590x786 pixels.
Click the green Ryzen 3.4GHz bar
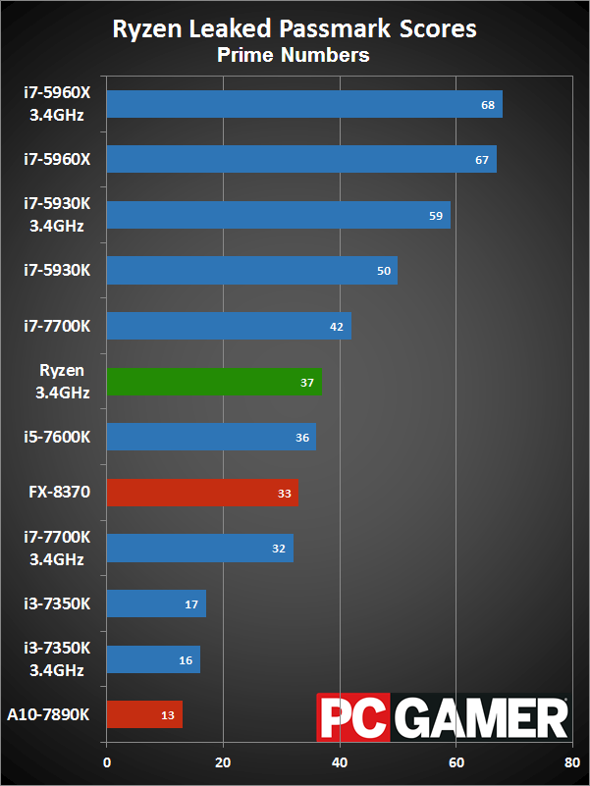tap(213, 382)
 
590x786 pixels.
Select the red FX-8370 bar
tap(201, 493)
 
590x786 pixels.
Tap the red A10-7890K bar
tap(143, 714)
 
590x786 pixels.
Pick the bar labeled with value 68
tap(303, 104)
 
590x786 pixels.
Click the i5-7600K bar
tap(210, 438)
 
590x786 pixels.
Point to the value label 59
tap(437, 216)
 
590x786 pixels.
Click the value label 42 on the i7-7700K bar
tap(337, 327)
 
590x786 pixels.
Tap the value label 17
tap(191, 604)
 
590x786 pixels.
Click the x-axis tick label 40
tap(340, 760)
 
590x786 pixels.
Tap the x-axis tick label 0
tap(107, 760)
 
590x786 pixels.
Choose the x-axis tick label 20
tap(223, 760)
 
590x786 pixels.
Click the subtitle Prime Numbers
tap(294, 55)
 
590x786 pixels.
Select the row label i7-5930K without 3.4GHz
tap(58, 271)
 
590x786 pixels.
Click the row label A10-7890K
tap(48, 714)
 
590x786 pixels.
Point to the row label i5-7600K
tap(58, 437)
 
